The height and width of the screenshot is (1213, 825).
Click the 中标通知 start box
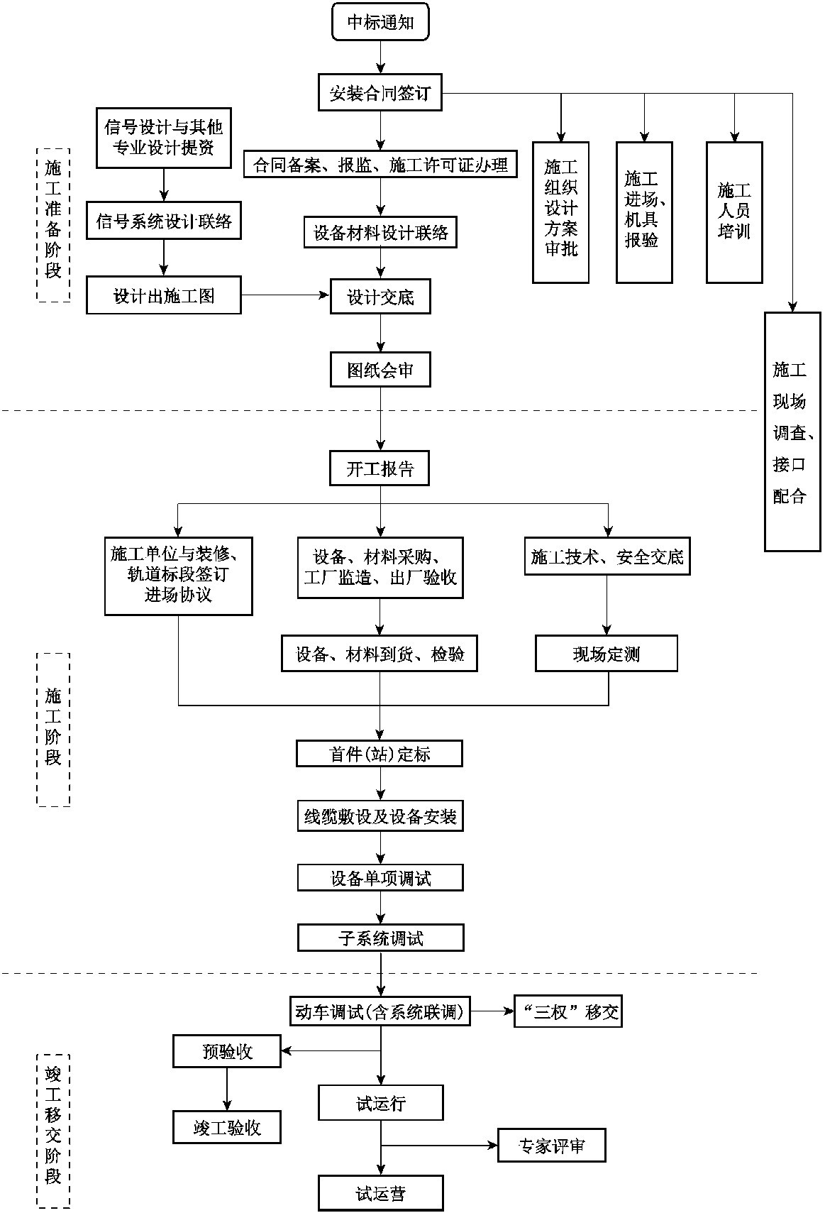pyautogui.click(x=380, y=22)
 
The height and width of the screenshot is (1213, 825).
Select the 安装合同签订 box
pyautogui.click(x=380, y=93)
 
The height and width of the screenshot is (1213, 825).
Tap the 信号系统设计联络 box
pyautogui.click(x=164, y=221)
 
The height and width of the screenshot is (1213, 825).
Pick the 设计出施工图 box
pyautogui.click(x=164, y=296)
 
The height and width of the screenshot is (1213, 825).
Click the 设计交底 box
pyautogui.click(x=380, y=297)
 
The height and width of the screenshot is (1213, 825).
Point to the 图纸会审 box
pyautogui.click(x=380, y=370)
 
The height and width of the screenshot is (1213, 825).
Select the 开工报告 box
pyautogui.click(x=380, y=468)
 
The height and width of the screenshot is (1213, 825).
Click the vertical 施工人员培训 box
pyautogui.click(x=734, y=212)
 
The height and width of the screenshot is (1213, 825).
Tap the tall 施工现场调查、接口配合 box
pyautogui.click(x=792, y=432)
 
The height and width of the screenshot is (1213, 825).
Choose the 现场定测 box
pyautogui.click(x=607, y=654)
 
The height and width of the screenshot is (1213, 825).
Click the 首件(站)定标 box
pyautogui.click(x=380, y=754)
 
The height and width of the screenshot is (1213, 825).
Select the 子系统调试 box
pyautogui.click(x=380, y=938)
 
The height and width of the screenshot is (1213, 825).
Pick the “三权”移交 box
pyautogui.click(x=568, y=1012)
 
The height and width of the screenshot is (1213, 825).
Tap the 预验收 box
pyautogui.click(x=227, y=1051)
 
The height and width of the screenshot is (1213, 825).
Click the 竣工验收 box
pyautogui.click(x=227, y=1128)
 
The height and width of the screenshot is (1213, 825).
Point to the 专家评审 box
pyautogui.click(x=551, y=1146)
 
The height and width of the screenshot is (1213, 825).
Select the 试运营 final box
pyautogui.click(x=381, y=1193)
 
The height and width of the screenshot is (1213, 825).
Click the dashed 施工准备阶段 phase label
pyautogui.click(x=53, y=225)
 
